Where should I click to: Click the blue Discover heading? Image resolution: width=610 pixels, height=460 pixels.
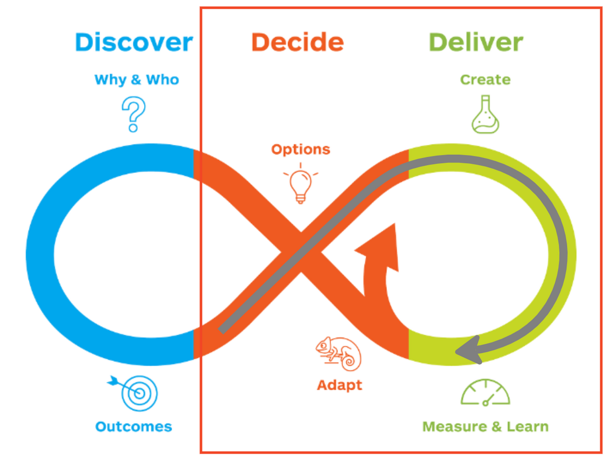coord(134,42)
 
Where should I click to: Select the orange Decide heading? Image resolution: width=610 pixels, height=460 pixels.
coord(297,42)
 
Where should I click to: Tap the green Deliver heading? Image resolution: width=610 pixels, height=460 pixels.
coord(475,42)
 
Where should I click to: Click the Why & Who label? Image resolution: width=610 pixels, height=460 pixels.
coord(136,80)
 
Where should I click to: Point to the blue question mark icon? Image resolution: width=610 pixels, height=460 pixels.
coord(133,114)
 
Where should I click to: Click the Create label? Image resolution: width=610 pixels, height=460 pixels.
coord(485,80)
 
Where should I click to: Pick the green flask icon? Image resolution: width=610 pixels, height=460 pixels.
coord(485,114)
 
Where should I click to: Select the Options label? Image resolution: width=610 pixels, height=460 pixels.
coord(300,150)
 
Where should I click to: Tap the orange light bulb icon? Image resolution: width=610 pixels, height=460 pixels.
coord(300,183)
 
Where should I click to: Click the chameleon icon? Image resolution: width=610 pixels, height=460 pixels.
coord(338,354)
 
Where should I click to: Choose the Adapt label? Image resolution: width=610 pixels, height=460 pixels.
coord(340,386)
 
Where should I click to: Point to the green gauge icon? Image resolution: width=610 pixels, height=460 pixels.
coord(485,392)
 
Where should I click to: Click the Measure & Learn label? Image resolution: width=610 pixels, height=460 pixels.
coord(485,426)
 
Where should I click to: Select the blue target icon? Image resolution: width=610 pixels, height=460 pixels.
coord(133,393)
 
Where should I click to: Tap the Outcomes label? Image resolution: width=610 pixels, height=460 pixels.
coord(133,426)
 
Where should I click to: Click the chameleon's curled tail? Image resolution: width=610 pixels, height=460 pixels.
coord(350,360)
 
